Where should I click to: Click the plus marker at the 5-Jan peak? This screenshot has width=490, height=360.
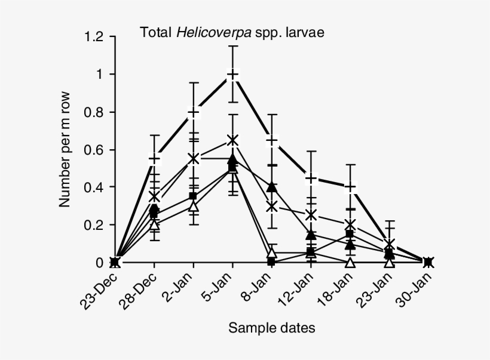[x=232, y=75]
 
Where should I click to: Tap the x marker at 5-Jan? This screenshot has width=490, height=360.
[x=232, y=140]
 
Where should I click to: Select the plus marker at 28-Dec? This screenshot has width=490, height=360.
[x=155, y=159]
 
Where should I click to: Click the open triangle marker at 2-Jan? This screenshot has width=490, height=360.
[x=194, y=206]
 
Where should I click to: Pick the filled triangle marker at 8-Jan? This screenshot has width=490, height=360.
[x=272, y=187]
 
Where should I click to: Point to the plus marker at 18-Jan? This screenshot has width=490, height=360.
[x=350, y=187]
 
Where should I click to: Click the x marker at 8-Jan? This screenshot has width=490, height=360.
[x=272, y=207]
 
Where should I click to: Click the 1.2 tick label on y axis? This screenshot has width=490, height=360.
[x=94, y=37]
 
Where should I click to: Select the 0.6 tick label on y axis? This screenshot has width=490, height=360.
[x=94, y=150]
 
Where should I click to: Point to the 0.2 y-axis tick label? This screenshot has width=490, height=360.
[x=94, y=225]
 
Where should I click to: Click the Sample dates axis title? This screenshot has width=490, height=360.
[x=272, y=327]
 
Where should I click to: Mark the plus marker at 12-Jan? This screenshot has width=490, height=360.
[x=311, y=178]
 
